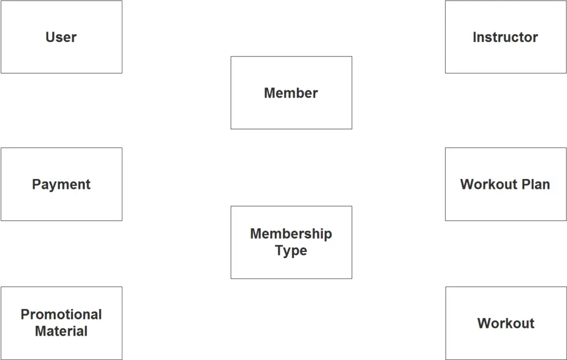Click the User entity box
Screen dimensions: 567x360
coord(61,37)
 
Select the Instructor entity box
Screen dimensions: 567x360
coord(506,37)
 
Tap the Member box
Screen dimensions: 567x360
coord(291,92)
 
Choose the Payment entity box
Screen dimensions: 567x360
coord(61,184)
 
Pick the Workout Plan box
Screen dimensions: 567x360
coord(506,184)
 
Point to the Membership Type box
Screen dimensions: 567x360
coord(291,243)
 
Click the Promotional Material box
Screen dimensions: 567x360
coord(61,323)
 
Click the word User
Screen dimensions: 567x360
coord(61,37)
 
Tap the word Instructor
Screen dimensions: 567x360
coord(505,37)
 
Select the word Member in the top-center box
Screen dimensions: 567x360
coord(291,93)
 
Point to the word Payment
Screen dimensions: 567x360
coord(61,184)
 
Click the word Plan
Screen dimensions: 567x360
coord(536,184)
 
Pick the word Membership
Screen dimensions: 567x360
coord(291,234)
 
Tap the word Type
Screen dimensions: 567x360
coord(291,251)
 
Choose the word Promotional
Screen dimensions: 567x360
coord(61,315)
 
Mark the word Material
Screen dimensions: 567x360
coord(61,331)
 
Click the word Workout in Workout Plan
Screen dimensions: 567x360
coord(488,184)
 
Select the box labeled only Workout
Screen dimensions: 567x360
coord(506,323)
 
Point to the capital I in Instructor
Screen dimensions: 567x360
coord(475,37)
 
